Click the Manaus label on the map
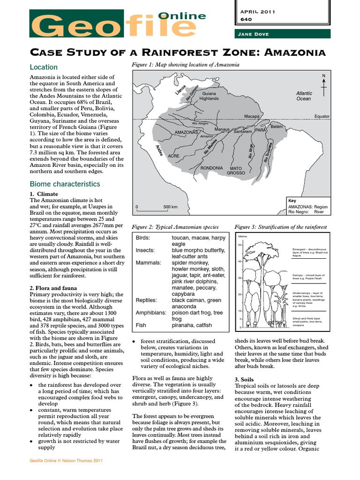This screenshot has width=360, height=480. coord(222,129)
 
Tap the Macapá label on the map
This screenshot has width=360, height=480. coord(252,116)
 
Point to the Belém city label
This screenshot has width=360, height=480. coord(277,127)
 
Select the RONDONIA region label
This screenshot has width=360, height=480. coord(211,168)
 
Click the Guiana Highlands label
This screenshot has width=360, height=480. coord(209,96)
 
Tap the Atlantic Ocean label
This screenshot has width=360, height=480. coord(304,96)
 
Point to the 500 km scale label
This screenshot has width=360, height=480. coord(170,207)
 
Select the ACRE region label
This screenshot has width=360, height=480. coord(174,156)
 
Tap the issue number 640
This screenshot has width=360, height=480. coord(246,20)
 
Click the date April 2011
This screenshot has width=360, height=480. coord(258,12)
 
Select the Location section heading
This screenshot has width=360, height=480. coord(44,67)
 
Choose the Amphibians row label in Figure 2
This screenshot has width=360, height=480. coord(151,312)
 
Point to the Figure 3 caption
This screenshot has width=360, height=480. coord(281,227)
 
